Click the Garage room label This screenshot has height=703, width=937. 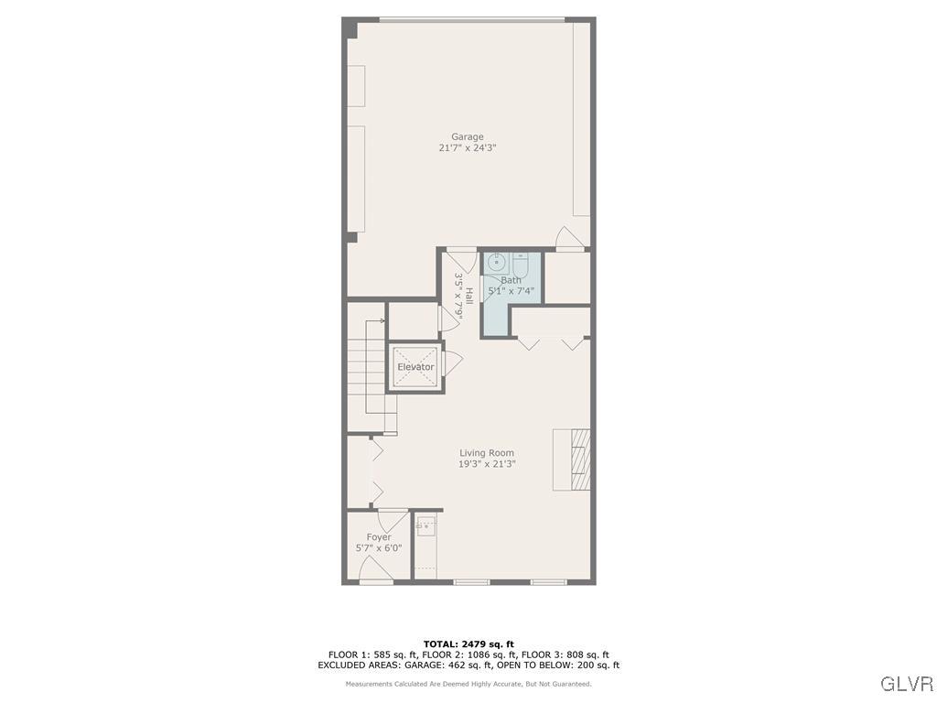(x=467, y=137)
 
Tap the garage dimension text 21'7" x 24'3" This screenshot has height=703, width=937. (x=467, y=148)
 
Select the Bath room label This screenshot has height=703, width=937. (x=511, y=280)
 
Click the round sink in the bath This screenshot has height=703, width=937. (x=492, y=261)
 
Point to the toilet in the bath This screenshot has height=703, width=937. (x=519, y=262)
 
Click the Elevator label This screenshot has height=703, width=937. (x=415, y=367)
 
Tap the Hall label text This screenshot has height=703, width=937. (x=469, y=296)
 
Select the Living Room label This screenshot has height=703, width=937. (x=486, y=453)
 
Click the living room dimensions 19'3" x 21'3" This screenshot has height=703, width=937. (x=487, y=464)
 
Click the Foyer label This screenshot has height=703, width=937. (x=379, y=537)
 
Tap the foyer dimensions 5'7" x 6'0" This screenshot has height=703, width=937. (x=379, y=548)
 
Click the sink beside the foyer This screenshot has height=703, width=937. (x=425, y=527)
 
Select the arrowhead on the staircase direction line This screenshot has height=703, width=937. (x=382, y=321)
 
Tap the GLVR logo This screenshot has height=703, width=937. (x=906, y=684)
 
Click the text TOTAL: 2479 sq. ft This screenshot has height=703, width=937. (x=468, y=644)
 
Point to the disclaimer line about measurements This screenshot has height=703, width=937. (x=468, y=684)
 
